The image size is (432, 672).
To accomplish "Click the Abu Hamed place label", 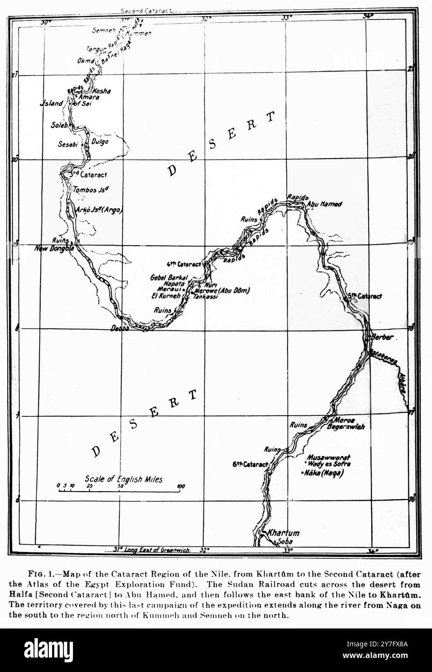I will (325, 205).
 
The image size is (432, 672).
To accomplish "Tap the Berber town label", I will (382, 337).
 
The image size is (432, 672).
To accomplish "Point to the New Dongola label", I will (54, 248).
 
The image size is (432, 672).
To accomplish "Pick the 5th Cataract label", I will (364, 296).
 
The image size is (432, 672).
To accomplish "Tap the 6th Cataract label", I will (250, 465).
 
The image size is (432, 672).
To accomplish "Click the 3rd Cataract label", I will (88, 174).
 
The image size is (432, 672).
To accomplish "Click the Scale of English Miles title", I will (124, 479).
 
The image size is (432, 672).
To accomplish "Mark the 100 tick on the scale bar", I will (180, 486).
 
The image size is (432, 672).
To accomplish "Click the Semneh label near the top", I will (103, 30).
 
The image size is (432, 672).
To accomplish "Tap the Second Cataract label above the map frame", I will (146, 10).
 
